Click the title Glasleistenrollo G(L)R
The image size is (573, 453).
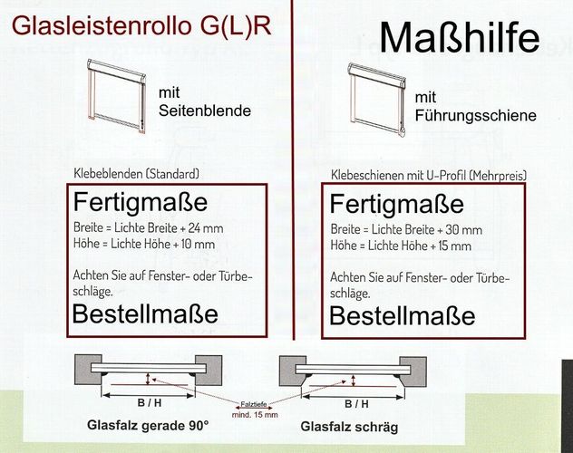(141, 25)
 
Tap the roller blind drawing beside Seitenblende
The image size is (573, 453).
(117, 96)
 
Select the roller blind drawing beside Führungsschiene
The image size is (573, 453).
(377, 100)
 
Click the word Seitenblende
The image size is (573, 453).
(205, 111)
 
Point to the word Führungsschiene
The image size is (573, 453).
(475, 116)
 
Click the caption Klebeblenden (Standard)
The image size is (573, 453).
(137, 173)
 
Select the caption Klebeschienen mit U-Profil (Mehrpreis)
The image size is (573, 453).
(429, 175)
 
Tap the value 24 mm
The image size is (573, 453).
(206, 228)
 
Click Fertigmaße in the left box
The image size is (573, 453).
(141, 202)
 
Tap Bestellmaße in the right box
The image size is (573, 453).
(403, 315)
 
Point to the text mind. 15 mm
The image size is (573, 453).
(255, 415)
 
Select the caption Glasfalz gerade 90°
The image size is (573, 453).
(148, 425)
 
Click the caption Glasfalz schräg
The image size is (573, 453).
(349, 427)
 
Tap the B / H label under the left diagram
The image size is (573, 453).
(150, 402)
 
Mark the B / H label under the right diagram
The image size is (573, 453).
(356, 404)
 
